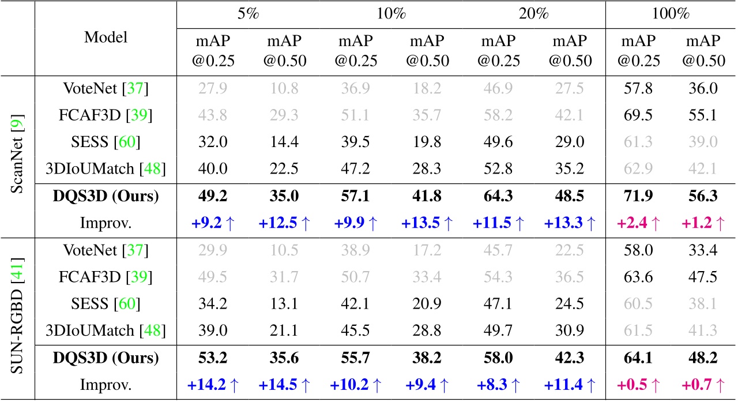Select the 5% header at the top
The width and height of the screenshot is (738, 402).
[248, 14]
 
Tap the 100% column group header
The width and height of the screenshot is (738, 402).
[671, 14]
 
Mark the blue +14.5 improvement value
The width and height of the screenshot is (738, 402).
[285, 384]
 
